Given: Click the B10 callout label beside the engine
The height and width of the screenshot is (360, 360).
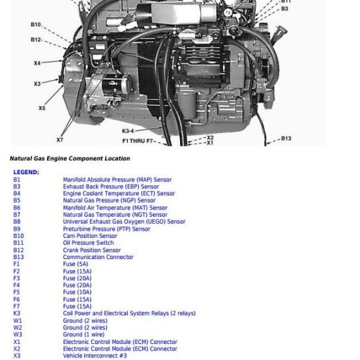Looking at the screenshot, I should point(36,24).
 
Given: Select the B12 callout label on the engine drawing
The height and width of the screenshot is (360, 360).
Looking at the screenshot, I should point(36,39).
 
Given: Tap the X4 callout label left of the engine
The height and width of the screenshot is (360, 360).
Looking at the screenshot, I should point(37,63).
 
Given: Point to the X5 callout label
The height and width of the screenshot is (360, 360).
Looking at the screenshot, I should point(42,108).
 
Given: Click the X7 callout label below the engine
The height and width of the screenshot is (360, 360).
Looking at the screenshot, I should point(60,139).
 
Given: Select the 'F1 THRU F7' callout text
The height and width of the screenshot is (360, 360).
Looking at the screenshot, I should point(138,140).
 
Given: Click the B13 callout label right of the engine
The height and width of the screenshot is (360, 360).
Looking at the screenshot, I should point(286,138).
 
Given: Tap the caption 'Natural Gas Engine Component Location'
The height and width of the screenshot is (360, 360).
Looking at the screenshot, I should point(69,158).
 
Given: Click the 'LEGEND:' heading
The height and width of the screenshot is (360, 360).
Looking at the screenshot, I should point(26,172).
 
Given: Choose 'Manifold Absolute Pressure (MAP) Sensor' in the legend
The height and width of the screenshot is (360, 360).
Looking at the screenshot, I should point(117,180).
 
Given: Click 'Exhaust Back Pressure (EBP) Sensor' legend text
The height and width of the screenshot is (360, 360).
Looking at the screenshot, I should point(111,187).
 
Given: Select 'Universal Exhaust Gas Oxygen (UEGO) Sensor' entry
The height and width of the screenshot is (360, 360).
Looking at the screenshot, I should point(124,222).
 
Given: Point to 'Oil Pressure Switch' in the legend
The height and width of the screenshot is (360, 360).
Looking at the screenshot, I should point(88,243).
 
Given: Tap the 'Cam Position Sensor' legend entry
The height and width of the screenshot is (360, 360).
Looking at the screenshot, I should point(90,236).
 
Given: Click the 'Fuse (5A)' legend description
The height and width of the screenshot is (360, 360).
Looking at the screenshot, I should point(75,264).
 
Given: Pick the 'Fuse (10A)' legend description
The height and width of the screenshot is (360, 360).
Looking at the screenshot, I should point(77,292).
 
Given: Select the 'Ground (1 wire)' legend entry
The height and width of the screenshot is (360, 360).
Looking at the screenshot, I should point(84,334).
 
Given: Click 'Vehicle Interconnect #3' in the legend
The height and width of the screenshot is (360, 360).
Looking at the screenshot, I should point(94,355).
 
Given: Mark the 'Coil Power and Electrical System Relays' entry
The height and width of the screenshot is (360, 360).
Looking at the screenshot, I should point(129,313).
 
